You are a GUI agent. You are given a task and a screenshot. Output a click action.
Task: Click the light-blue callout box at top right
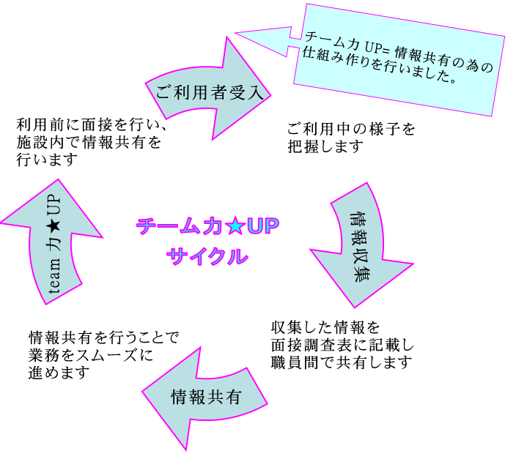[399, 62]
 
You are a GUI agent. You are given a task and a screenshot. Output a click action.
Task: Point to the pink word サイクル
[207, 257]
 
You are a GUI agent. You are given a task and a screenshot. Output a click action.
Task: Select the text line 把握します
[326, 146]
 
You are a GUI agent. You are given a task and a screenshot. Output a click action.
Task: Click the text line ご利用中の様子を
[352, 130]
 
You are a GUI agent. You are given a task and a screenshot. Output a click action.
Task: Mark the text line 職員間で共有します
[342, 361]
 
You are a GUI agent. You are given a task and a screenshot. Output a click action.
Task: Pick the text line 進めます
[59, 373]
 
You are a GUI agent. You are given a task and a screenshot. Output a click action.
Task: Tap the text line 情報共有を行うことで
[103, 338]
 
